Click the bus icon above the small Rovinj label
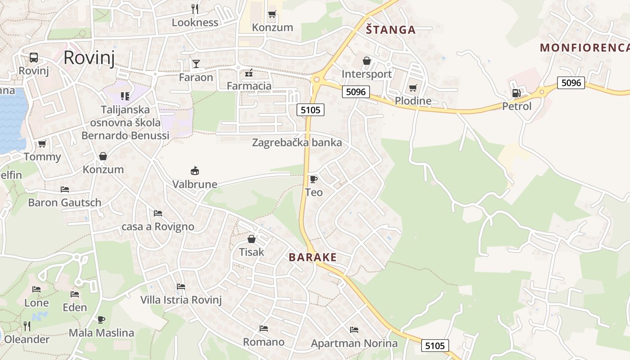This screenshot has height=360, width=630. pyautogui.click(x=34, y=58)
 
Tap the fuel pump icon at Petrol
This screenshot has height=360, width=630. pyautogui.click(x=516, y=93)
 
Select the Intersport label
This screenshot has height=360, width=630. pyautogui.click(x=367, y=74)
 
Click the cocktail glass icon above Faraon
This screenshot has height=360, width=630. pyautogui.click(x=196, y=63)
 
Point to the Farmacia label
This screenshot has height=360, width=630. pyautogui.click(x=249, y=86)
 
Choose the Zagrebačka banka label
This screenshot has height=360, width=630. pyautogui.click(x=297, y=143)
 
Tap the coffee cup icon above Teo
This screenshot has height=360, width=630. pyautogui.click(x=314, y=179)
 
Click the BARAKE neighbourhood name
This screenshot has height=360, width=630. pyautogui.click(x=312, y=257)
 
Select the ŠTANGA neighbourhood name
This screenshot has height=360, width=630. pyautogui.click(x=390, y=30)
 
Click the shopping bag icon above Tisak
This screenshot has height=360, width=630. pyautogui.click(x=252, y=238)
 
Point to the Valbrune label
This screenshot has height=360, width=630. pyautogui.click(x=195, y=184)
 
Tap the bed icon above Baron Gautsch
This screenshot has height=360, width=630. pyautogui.click(x=65, y=189)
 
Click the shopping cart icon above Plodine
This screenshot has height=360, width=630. pyautogui.click(x=413, y=88)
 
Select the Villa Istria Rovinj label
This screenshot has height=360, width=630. pyautogui.click(x=181, y=300)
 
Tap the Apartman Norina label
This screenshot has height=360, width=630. pyautogui.click(x=354, y=344)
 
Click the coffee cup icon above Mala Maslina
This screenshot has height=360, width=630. pyautogui.click(x=101, y=319)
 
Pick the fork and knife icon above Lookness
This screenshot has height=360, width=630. pyautogui.click(x=195, y=9)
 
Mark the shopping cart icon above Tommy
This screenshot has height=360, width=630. pyautogui.click(x=42, y=144)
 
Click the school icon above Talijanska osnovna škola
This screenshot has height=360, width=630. pyautogui.click(x=125, y=96)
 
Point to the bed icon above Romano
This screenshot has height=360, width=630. pyautogui.click(x=264, y=328)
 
